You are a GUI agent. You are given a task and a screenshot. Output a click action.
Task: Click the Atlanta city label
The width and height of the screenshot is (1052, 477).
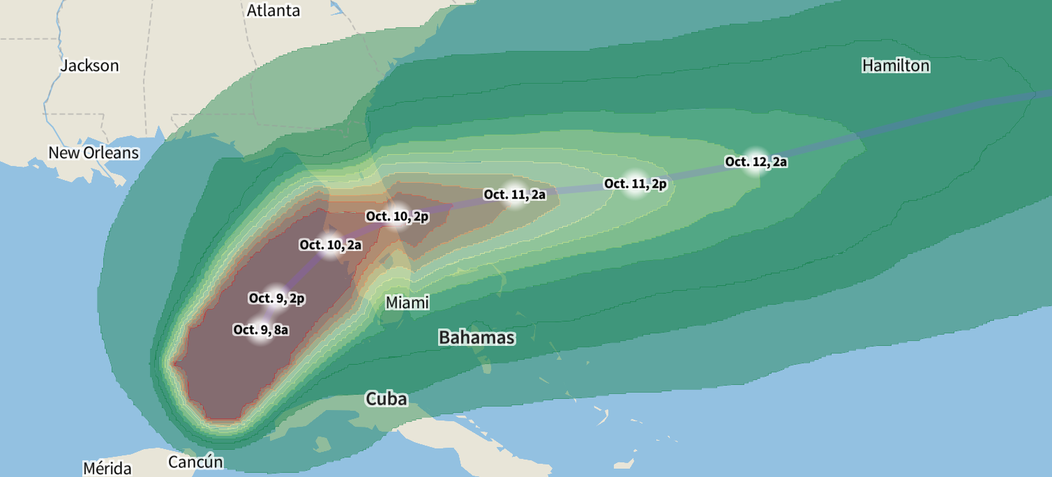pyautogui.click(x=273, y=10)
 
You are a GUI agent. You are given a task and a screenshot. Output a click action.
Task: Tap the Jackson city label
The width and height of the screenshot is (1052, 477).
pyautogui.click(x=89, y=66)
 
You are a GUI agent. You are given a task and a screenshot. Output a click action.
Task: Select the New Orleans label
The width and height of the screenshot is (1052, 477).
pyautogui.click(x=93, y=152)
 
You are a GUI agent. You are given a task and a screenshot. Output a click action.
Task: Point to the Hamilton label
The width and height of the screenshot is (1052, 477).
pyautogui.click(x=896, y=66)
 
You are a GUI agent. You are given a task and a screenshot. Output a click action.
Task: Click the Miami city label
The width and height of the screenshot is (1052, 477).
pyautogui.click(x=407, y=303)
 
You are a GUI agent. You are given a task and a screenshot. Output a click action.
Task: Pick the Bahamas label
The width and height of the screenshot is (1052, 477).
pyautogui.click(x=476, y=338)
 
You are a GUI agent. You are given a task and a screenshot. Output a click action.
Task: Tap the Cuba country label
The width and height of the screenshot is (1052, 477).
pyautogui.click(x=386, y=399)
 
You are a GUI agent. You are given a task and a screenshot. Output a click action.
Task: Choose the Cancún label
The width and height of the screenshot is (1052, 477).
pyautogui.click(x=195, y=462)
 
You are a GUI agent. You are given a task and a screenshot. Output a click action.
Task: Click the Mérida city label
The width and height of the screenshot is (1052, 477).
pyautogui.click(x=111, y=468)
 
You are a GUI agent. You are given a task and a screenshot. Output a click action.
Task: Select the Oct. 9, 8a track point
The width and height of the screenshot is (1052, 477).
pyautogui.click(x=261, y=330)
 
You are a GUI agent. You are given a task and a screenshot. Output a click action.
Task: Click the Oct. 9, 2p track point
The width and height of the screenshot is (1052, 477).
pyautogui.click(x=276, y=298)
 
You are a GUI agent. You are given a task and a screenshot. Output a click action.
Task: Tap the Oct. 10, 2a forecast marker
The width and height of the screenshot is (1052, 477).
pyautogui.click(x=330, y=245)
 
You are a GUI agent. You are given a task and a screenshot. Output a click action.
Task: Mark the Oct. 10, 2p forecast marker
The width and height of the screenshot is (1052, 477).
pyautogui.click(x=397, y=217)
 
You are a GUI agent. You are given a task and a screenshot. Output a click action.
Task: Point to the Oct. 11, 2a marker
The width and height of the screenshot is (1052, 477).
pyautogui.click(x=515, y=195)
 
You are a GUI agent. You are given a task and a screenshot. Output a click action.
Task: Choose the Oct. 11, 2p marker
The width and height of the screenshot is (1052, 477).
pyautogui.click(x=635, y=184)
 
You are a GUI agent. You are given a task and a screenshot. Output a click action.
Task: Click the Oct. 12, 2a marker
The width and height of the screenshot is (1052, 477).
pyautogui.click(x=756, y=162)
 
